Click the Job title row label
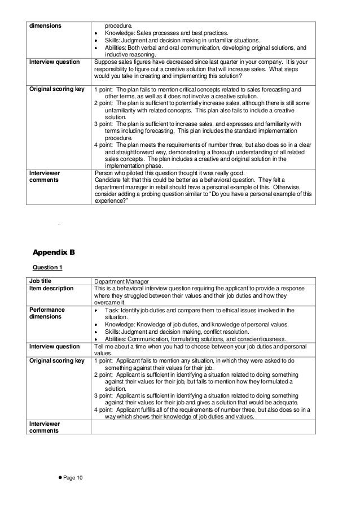(42, 281)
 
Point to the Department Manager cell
(121, 281)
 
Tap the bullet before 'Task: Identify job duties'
(98, 310)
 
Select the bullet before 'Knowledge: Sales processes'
(98, 33)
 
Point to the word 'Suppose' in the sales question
(106, 62)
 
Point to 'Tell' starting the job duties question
(99, 346)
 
